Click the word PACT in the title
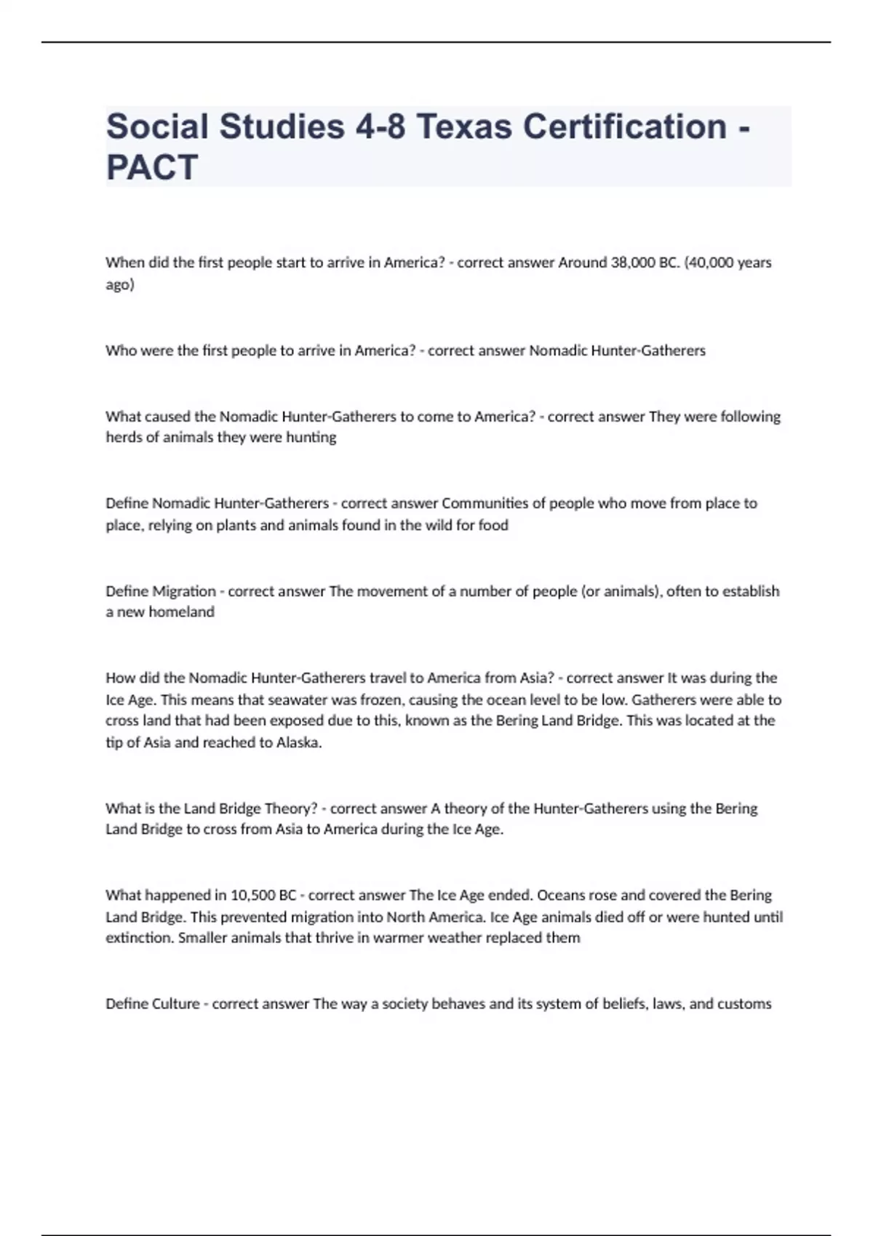click(152, 167)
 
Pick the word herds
click(124, 437)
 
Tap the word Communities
click(485, 503)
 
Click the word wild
click(439, 525)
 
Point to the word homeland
click(181, 612)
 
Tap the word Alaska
click(298, 742)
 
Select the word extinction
click(139, 938)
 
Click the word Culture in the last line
click(175, 1004)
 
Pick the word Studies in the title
click(282, 127)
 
